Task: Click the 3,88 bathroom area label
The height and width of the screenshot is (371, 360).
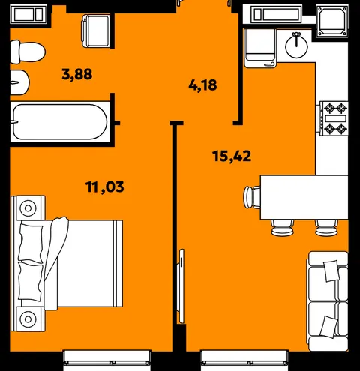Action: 77,74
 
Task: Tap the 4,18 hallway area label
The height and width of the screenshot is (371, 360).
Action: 202,85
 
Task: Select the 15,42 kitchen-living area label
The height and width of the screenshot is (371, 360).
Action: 232,157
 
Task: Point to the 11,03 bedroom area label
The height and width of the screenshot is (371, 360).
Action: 105,187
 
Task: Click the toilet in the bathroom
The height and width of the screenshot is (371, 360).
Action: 28,52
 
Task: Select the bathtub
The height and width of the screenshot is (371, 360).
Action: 60,121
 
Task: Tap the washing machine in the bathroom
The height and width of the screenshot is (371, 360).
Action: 95,31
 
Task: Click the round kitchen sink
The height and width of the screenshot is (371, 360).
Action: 296,45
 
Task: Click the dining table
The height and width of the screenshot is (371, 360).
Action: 304,197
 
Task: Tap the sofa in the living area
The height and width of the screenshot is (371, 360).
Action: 328,301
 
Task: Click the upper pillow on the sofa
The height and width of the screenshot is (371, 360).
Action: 331,271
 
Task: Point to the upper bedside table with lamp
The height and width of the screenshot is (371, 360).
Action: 28,208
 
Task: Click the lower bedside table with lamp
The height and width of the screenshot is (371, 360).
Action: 28,319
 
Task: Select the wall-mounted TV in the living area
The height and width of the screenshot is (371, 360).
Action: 181,286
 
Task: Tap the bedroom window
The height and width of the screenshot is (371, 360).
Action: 107,360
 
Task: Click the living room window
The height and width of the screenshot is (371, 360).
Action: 245,360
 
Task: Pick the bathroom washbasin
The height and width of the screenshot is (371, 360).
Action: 19,82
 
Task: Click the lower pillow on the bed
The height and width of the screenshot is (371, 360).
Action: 31,280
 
